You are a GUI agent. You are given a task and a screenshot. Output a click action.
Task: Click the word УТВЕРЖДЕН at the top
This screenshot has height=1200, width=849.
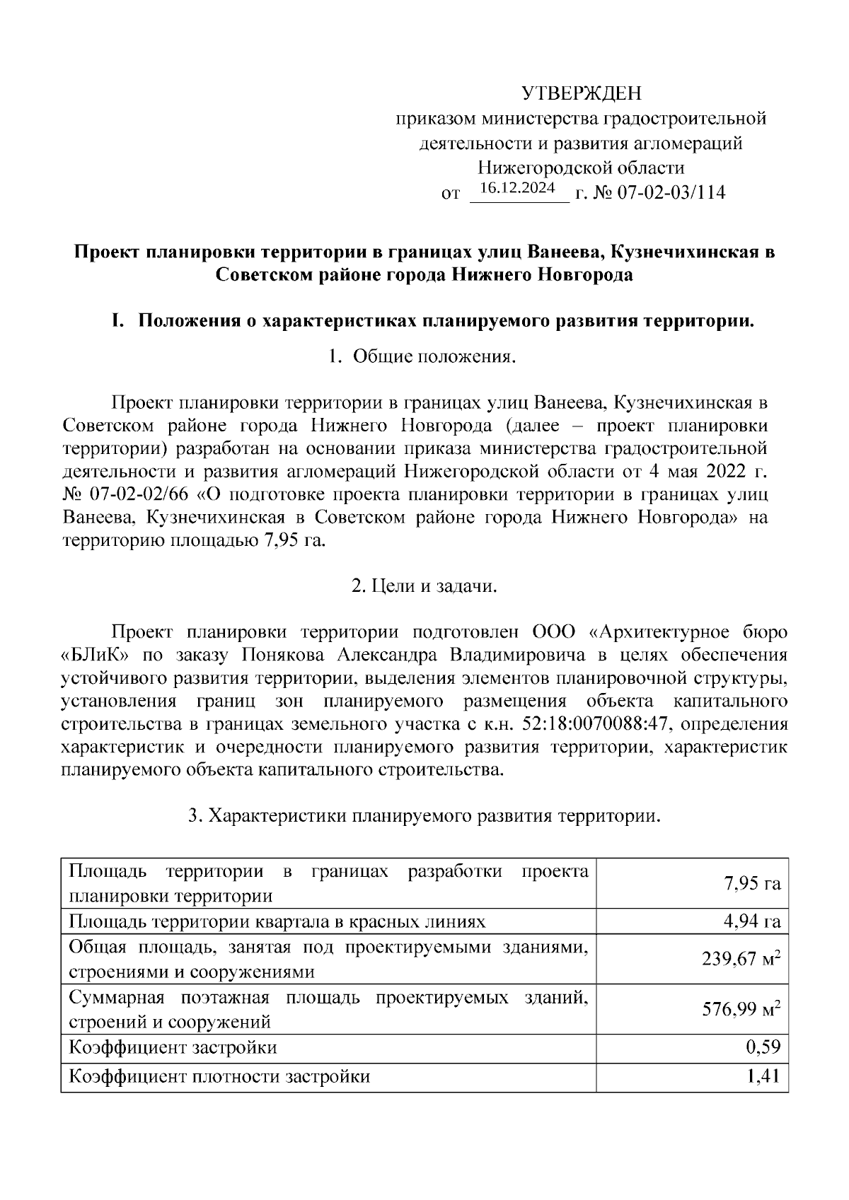click(580, 93)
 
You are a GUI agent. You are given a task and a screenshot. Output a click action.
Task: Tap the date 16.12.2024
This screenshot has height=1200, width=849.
click(518, 188)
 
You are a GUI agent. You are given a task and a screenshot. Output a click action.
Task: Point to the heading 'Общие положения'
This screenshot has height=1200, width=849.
click(433, 357)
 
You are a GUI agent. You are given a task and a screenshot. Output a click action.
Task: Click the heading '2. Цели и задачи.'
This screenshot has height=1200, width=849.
click(424, 586)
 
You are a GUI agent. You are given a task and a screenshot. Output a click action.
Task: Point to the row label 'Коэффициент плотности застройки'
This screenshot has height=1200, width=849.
click(219, 1077)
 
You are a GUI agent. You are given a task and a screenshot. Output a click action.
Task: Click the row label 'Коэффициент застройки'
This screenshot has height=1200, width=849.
click(173, 1047)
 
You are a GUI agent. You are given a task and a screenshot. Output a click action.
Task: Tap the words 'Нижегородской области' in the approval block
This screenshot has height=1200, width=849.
click(581, 168)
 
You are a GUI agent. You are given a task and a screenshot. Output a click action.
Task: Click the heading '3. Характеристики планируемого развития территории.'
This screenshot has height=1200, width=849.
click(424, 815)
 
